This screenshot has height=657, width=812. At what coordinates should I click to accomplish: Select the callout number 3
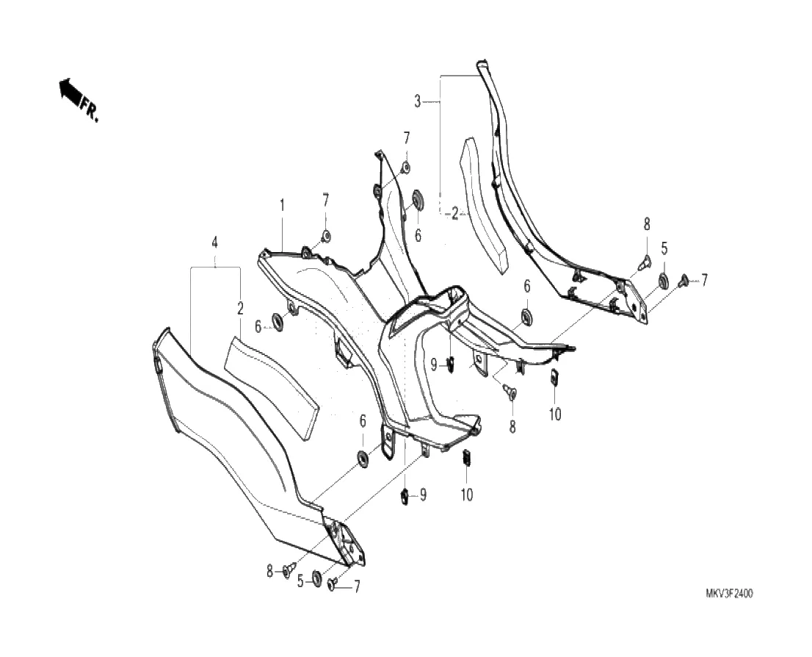click(x=418, y=101)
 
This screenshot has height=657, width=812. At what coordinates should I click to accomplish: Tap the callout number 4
click(x=215, y=242)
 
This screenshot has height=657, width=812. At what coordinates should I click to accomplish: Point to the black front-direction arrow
click(x=70, y=90)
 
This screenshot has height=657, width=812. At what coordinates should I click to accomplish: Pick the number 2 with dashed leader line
click(x=454, y=214)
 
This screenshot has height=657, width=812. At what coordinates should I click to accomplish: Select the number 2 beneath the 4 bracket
click(x=240, y=309)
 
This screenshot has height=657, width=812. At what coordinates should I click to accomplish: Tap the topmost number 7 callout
click(x=406, y=137)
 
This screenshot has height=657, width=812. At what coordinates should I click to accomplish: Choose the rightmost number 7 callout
click(x=704, y=279)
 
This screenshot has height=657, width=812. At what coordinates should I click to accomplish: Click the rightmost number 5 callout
click(x=664, y=248)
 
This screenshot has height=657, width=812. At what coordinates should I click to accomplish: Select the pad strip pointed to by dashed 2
click(x=483, y=208)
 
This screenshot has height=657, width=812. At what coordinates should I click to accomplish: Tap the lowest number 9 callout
click(x=423, y=495)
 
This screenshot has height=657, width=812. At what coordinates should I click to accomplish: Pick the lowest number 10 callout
click(x=467, y=495)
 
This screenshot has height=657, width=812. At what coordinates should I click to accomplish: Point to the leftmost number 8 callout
click(x=270, y=570)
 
